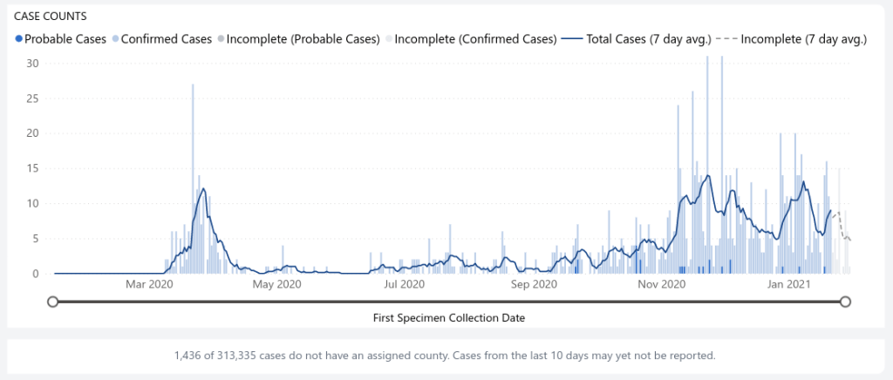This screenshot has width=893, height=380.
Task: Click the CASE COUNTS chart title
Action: tap(51, 17)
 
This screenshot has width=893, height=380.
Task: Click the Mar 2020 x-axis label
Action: tap(149, 284)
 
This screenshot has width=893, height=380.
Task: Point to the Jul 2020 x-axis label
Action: tap(405, 284)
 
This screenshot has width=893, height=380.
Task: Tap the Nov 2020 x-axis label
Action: tap(662, 284)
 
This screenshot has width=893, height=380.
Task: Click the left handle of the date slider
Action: tap(53, 302)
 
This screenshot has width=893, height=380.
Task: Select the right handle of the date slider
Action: tap(845, 302)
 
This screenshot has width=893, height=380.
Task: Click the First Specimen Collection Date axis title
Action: tap(448, 318)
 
